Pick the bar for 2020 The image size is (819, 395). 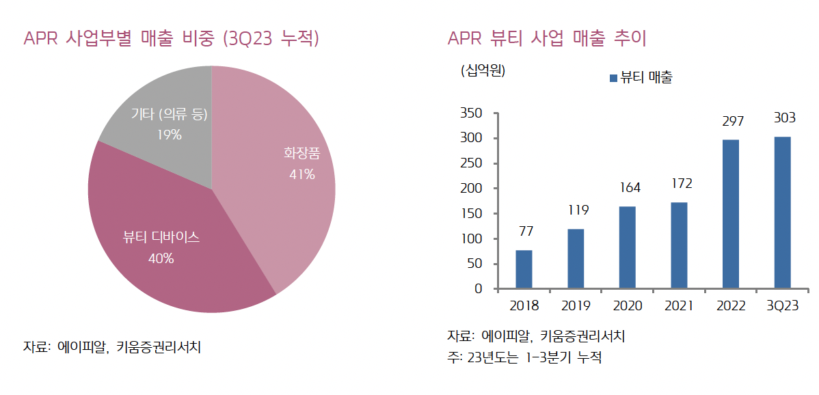click(x=627, y=247)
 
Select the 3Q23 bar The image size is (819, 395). click(x=782, y=213)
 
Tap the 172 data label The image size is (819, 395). click(x=681, y=184)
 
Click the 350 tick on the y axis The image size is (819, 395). click(x=472, y=113)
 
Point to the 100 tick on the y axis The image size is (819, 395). click(x=472, y=239)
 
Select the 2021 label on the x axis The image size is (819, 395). click(x=679, y=305)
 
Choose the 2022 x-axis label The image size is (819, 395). click(x=731, y=305)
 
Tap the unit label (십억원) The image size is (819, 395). click(x=483, y=71)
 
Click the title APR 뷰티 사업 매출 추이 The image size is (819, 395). click(x=547, y=39)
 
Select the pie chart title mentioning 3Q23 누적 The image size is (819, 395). click(x=171, y=39)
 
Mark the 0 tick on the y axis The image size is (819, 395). click(x=478, y=289)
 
